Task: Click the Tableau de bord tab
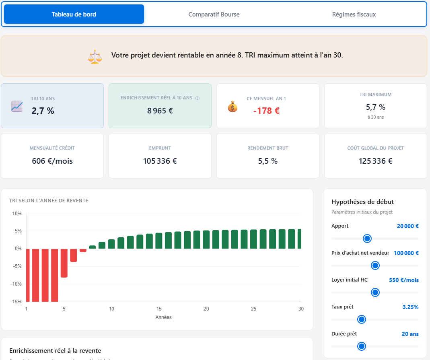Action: click(x=74, y=14)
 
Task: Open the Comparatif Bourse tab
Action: click(x=214, y=14)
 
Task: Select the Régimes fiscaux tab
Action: click(x=354, y=14)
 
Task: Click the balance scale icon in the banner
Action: click(x=95, y=56)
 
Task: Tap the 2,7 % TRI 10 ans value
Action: click(x=43, y=111)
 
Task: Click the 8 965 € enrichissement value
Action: click(x=160, y=111)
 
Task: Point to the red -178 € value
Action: click(x=266, y=111)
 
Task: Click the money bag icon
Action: click(x=232, y=107)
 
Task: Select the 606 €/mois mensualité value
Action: click(x=52, y=161)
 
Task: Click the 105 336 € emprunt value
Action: click(x=160, y=161)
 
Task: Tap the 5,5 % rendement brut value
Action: click(x=268, y=161)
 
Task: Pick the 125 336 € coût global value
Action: click(x=376, y=161)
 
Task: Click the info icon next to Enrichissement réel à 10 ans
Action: click(x=198, y=98)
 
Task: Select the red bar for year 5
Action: click(x=64, y=263)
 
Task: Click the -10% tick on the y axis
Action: click(x=16, y=284)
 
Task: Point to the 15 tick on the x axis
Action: click(x=159, y=309)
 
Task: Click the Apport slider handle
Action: click(x=367, y=239)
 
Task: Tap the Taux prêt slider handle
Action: click(x=361, y=319)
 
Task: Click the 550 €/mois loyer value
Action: click(x=403, y=280)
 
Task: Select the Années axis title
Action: click(x=163, y=317)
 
